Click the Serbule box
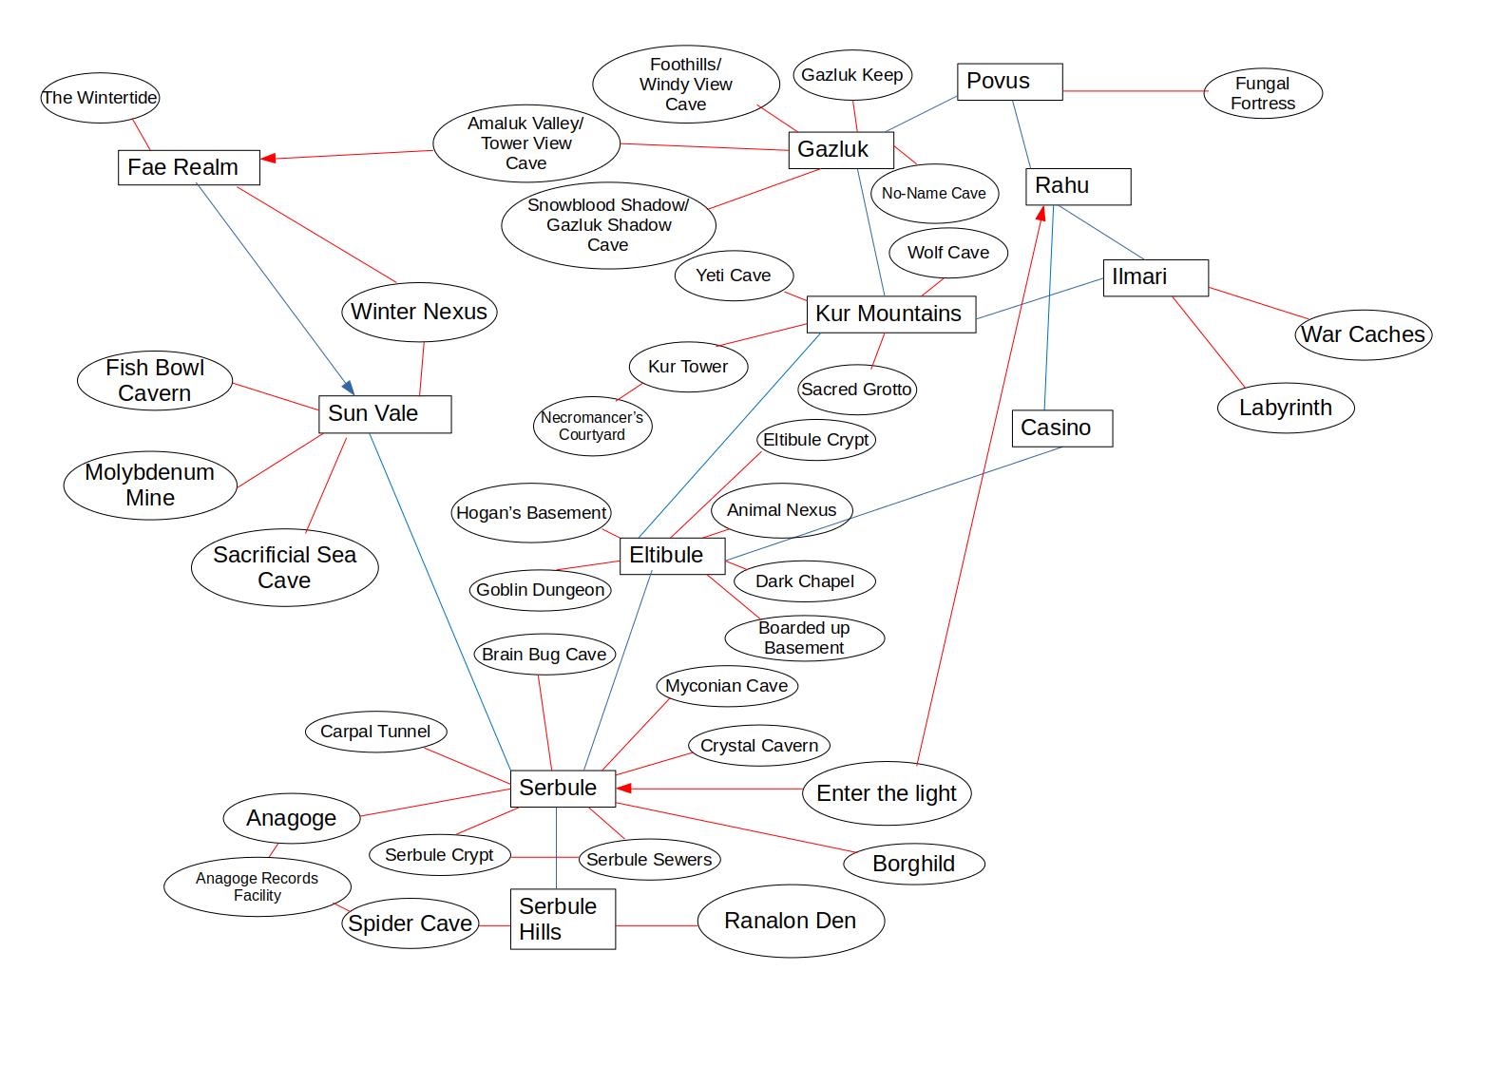pyautogui.click(x=558, y=788)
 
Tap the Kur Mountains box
pyautogui.click(x=890, y=314)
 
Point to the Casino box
pyautogui.click(x=1061, y=428)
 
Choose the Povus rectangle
pyautogui.click(x=1008, y=82)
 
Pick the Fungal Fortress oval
pyautogui.click(x=1263, y=93)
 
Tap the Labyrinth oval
pyautogui.click(x=1285, y=408)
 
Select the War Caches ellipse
pyautogui.click(x=1363, y=334)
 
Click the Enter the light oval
pyautogui.click(x=887, y=793)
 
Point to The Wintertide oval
pyautogui.click(x=100, y=98)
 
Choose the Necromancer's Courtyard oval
pyautogui.click(x=592, y=426)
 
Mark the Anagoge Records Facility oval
pyautogui.click(x=258, y=886)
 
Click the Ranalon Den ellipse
pyautogui.click(x=791, y=921)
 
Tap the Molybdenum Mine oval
pyautogui.click(x=150, y=485)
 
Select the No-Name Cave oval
pyautogui.click(x=934, y=194)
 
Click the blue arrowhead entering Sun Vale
pyautogui.click(x=349, y=388)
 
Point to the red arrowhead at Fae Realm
pyautogui.click(x=268, y=158)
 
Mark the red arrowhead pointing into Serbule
pyautogui.click(x=623, y=789)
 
